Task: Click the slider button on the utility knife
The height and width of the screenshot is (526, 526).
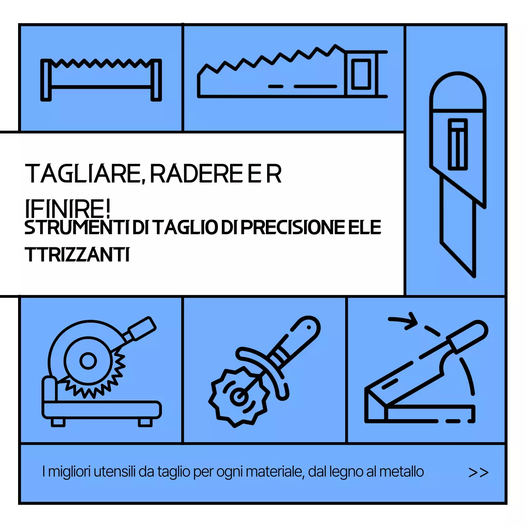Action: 457,144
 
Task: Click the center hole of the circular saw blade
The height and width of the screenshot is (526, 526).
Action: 88,361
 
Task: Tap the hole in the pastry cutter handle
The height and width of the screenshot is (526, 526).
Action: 308,327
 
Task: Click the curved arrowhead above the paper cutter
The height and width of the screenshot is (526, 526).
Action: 410,321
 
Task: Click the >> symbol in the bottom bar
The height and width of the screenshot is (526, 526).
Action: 478,473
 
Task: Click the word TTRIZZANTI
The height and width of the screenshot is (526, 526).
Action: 77,255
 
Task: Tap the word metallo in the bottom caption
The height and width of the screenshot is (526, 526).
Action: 401,472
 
